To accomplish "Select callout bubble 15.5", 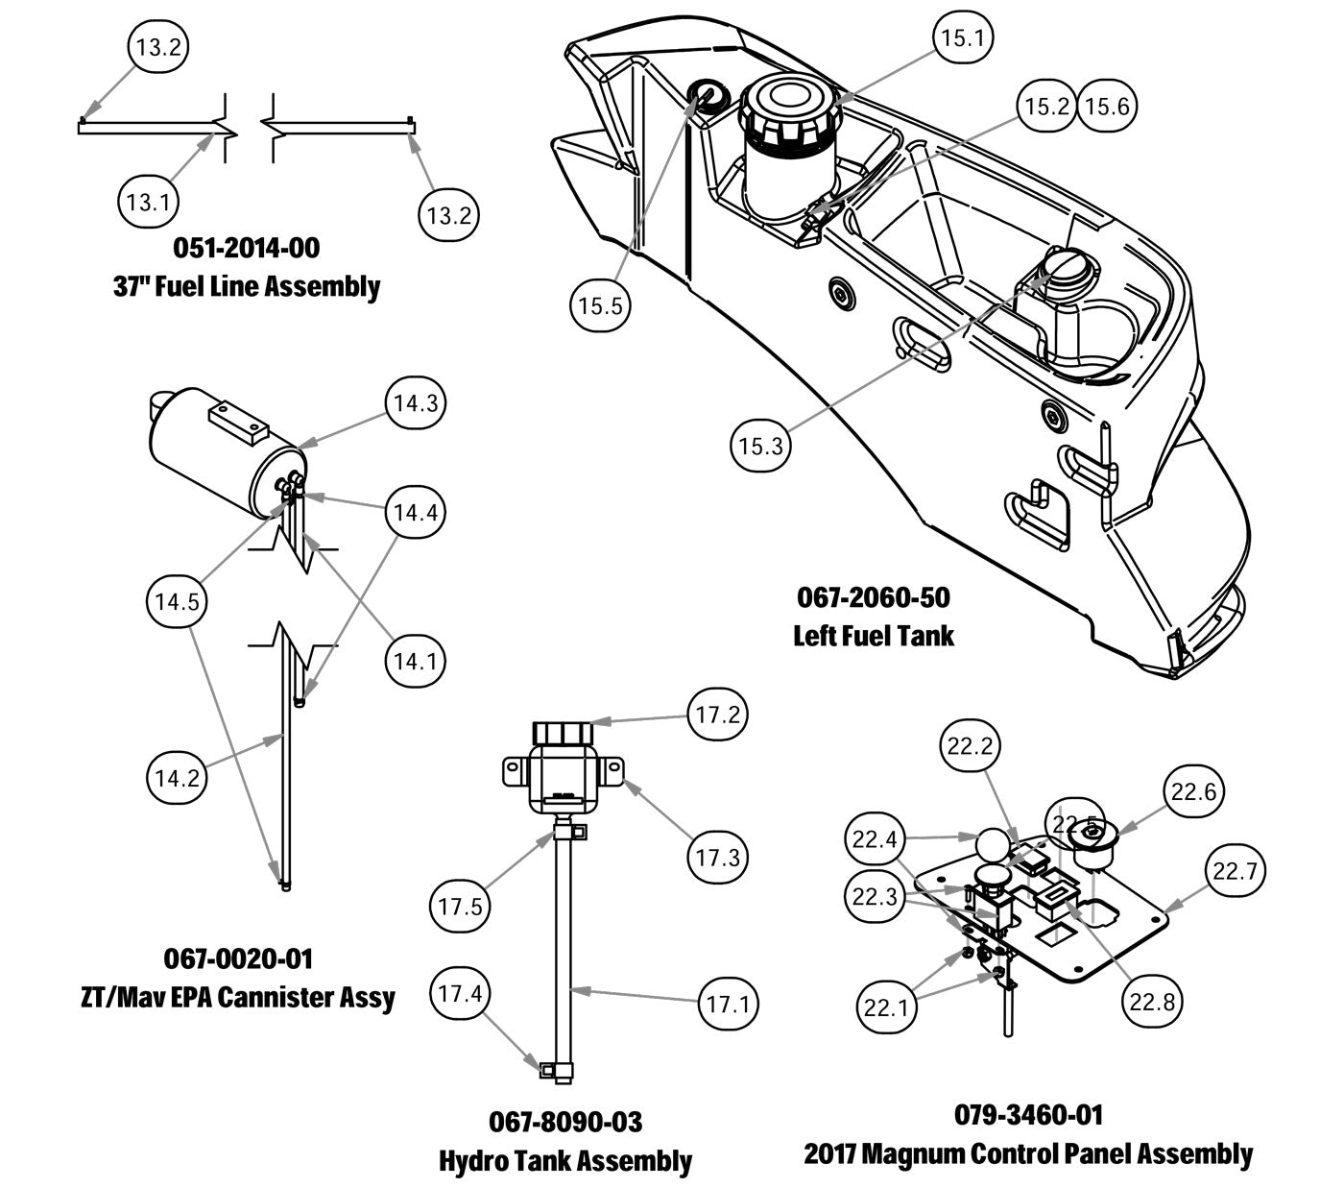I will click(600, 306).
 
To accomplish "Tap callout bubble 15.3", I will click(761, 447).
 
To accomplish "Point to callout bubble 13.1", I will click(148, 203).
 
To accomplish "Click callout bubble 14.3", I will click(416, 403).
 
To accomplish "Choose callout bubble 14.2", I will click(178, 777).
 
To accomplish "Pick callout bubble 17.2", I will click(717, 715).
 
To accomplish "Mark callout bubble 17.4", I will click(460, 994).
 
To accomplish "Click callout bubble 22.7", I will click(1235, 872).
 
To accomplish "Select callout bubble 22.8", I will click(1152, 1002).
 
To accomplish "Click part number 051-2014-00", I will click(247, 248).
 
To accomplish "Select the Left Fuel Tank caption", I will click(874, 635).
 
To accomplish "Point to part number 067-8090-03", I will click(565, 1122).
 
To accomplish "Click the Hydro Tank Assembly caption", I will click(565, 1160).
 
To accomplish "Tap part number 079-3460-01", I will click(1028, 1115).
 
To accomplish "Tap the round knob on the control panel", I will click(991, 848).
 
